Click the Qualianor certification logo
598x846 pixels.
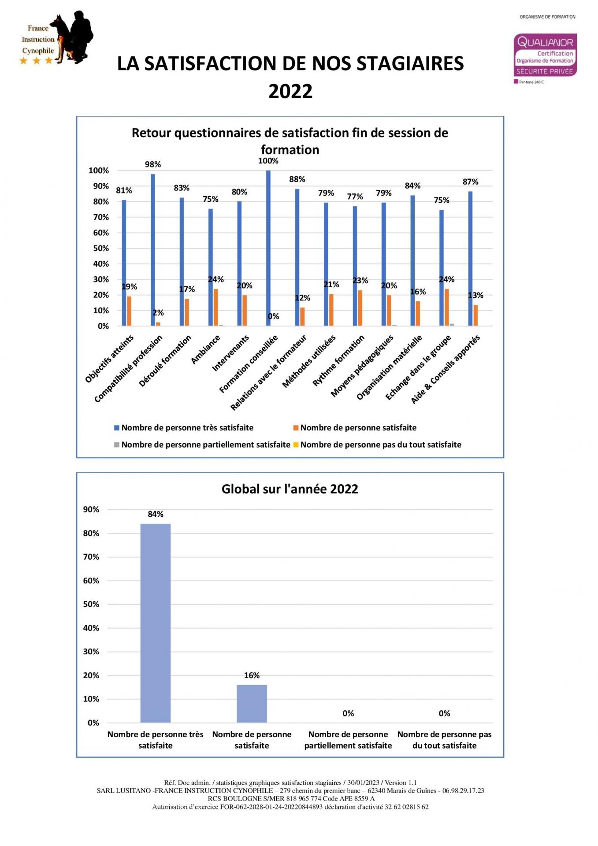pyautogui.click(x=545, y=55)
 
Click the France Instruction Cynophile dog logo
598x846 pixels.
pyautogui.click(x=57, y=39)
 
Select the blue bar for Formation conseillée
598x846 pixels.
pyautogui.click(x=268, y=248)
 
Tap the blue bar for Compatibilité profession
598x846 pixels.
pyautogui.click(x=153, y=250)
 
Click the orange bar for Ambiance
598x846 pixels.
pyautogui.click(x=216, y=308)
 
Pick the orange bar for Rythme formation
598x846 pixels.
pyautogui.click(x=360, y=308)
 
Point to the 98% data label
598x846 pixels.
pyautogui.click(x=153, y=164)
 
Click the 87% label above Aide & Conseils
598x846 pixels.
pyautogui.click(x=470, y=182)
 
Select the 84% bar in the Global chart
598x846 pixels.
pyautogui.click(x=156, y=623)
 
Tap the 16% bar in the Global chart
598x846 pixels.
pyautogui.click(x=252, y=703)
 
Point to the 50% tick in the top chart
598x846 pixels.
pyautogui.click(x=101, y=248)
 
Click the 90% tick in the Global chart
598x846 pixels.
pyautogui.click(x=91, y=509)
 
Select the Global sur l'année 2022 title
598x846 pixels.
pyautogui.click(x=290, y=489)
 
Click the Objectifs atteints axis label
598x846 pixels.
pyautogui.click(x=109, y=359)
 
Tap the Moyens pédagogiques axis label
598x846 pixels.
pyautogui.click(x=362, y=366)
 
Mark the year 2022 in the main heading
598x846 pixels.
pyautogui.click(x=290, y=92)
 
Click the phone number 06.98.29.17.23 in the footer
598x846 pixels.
pyautogui.click(x=463, y=790)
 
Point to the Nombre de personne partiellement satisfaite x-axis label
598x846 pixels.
pyautogui.click(x=348, y=740)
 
